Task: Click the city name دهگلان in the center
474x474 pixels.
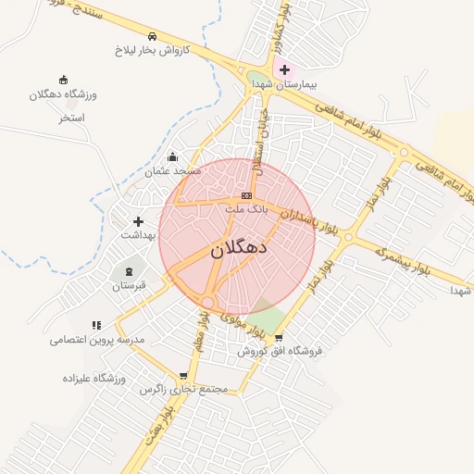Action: tap(239, 248)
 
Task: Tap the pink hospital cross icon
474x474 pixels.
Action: tap(283, 69)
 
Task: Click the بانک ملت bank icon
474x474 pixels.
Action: tap(246, 195)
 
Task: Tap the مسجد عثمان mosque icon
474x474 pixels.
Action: tap(172, 156)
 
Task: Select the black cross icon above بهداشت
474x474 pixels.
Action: tap(139, 221)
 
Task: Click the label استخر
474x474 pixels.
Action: tap(71, 118)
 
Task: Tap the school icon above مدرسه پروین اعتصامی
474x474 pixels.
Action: tap(96, 325)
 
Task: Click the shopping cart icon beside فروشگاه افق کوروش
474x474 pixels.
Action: tap(279, 337)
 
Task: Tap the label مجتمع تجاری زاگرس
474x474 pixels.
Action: tap(183, 390)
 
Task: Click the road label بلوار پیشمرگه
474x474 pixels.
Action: tap(405, 259)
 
